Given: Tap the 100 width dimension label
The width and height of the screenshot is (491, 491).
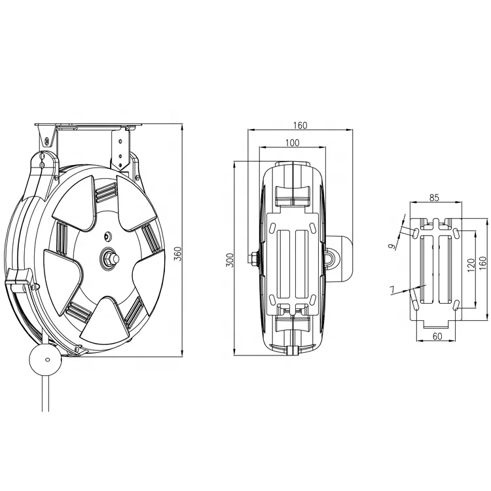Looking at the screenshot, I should tap(292, 142).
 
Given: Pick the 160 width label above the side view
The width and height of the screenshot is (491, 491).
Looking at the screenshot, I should tap(300, 125).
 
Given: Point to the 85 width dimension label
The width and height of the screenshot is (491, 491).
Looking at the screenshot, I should tap(435, 196).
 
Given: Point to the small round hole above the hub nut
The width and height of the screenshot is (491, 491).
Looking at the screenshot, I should tap(107, 234).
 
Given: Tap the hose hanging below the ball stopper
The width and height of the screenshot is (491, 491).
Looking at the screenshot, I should tap(46, 393).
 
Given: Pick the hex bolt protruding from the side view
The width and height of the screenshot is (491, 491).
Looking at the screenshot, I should tap(252, 259).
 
